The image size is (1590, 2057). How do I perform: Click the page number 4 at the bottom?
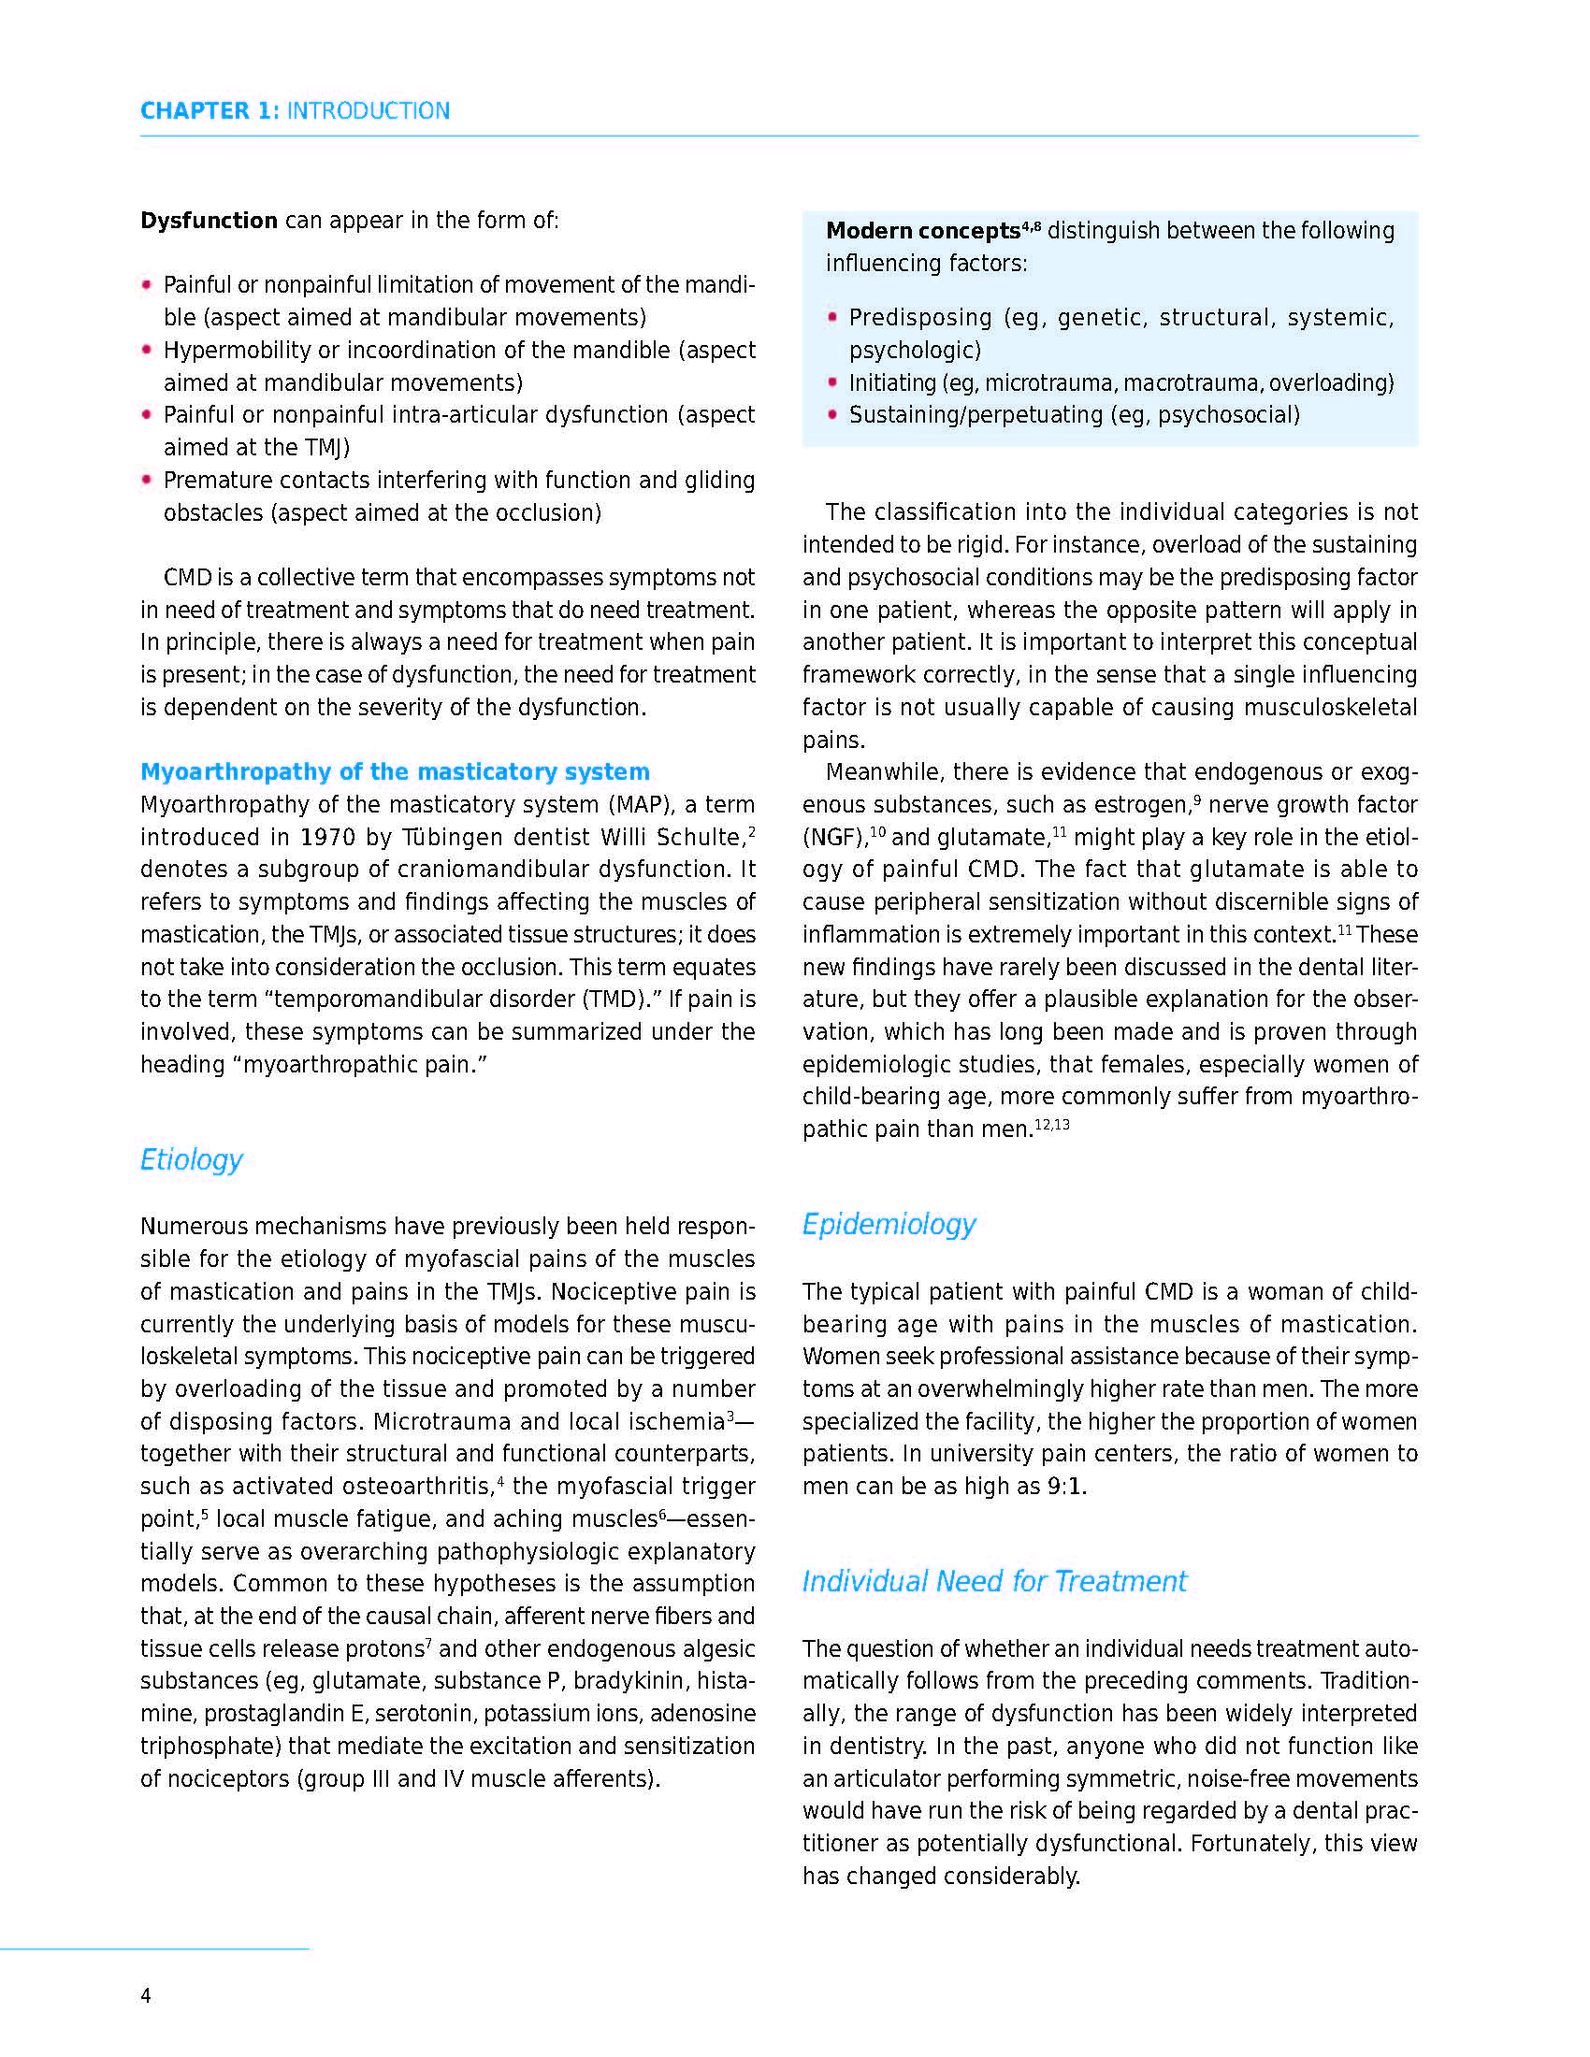coord(146,1995)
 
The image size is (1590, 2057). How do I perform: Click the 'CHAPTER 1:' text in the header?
coord(210,111)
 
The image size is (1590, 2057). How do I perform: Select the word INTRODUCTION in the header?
coord(369,111)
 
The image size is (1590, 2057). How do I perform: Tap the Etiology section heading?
coord(191,1159)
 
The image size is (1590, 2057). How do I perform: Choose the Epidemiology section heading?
coord(889,1224)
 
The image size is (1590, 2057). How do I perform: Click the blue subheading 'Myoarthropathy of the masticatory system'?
coord(395,771)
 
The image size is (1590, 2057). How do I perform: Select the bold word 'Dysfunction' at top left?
coord(210,221)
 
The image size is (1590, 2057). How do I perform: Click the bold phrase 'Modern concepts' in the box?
coord(922,231)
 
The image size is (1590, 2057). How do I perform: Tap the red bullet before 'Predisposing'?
coord(831,316)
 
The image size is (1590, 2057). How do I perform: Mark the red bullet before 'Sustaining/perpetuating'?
coord(831,414)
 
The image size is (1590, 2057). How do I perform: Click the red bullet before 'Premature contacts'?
coord(147,480)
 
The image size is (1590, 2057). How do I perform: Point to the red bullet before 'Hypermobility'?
coord(147,350)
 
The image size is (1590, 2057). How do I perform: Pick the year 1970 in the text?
coord(327,838)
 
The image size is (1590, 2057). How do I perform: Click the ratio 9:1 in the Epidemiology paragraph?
coord(1065,1487)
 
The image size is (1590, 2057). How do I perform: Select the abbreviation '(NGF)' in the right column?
coord(834,839)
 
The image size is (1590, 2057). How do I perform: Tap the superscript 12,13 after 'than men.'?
coord(1052,1125)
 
